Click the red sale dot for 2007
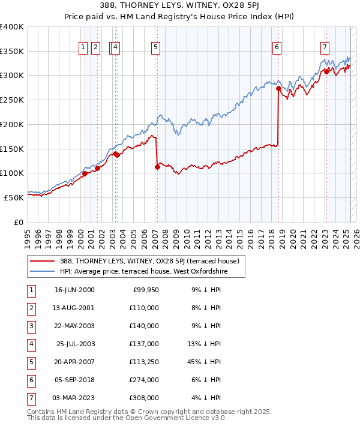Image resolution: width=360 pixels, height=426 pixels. tap(157, 167)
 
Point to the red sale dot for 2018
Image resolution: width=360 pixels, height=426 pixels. tap(278, 88)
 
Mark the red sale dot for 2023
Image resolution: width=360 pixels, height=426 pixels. tap(326, 71)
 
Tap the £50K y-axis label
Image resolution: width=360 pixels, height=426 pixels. tap(14, 197)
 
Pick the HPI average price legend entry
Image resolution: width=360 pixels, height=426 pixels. tap(144, 272)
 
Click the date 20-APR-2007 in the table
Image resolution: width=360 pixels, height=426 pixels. tap(74, 361)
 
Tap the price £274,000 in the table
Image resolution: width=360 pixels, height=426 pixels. tap(145, 379)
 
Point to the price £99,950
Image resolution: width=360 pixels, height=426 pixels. tap(145, 290)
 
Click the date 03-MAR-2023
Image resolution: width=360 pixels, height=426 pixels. tap(74, 397)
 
